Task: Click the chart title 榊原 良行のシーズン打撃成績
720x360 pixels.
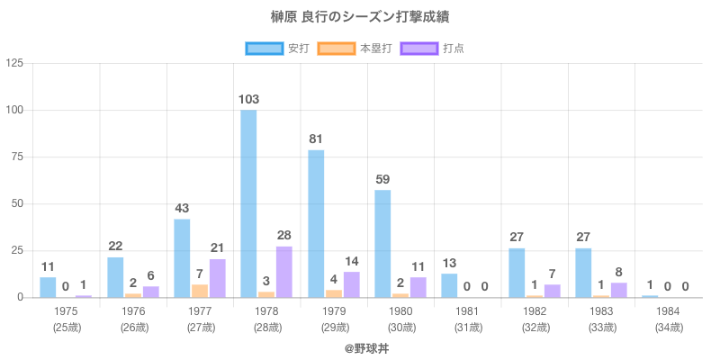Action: [359, 17]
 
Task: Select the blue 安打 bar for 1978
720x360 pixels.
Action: [248, 203]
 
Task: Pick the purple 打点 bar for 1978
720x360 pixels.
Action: [284, 272]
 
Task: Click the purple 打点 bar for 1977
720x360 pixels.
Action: [218, 278]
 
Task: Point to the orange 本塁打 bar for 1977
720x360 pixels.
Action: [200, 291]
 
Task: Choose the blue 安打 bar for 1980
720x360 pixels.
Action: [382, 243]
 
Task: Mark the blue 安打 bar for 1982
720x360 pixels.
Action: [517, 273]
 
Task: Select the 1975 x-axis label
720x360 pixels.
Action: [66, 310]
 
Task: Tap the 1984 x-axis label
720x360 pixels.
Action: [668, 310]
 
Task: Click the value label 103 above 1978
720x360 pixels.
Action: [249, 99]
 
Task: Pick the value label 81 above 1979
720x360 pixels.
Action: [316, 139]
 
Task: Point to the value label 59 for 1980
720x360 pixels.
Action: [382, 179]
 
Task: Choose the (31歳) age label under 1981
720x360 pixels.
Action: [467, 327]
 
